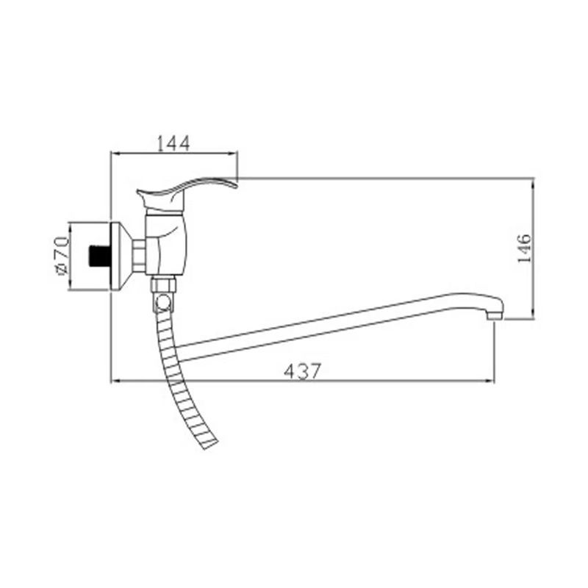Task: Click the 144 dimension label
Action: (x=173, y=143)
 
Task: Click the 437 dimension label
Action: (x=302, y=371)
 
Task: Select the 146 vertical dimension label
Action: (x=524, y=248)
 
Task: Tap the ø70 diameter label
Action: (x=61, y=255)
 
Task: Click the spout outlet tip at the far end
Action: (x=495, y=316)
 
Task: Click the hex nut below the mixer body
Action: (x=163, y=284)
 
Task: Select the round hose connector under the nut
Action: (x=163, y=302)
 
